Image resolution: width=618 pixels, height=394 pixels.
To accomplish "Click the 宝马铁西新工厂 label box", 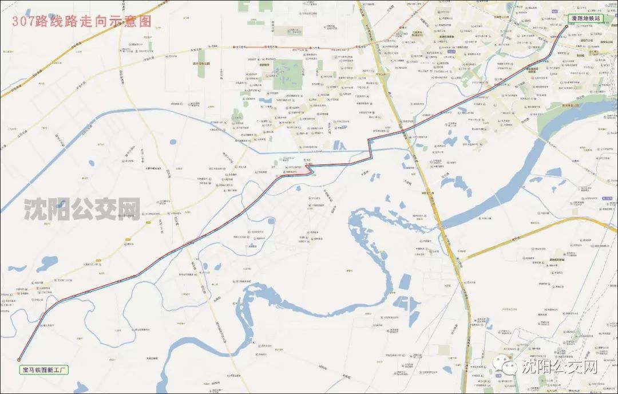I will pyautogui.click(x=43, y=370).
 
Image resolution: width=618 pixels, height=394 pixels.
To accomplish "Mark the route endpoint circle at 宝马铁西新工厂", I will pyautogui.click(x=19, y=360).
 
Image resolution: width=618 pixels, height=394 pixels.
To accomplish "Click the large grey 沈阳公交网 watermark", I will pyautogui.click(x=82, y=210).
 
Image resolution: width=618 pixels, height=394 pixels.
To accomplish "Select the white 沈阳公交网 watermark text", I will pyautogui.click(x=561, y=367).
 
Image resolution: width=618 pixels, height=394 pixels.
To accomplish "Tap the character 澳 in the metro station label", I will pyautogui.click(x=573, y=18).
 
